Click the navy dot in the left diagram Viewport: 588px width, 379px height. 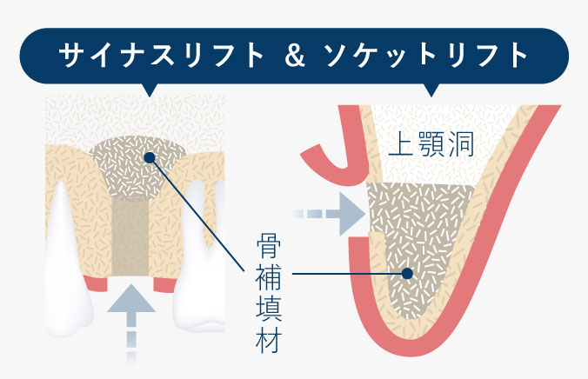(149, 158)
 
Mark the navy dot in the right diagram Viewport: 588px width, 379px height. (406, 273)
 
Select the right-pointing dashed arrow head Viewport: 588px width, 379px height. (351, 213)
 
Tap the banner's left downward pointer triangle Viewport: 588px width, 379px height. (149, 89)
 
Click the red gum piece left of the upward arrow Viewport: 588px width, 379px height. (97, 283)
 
